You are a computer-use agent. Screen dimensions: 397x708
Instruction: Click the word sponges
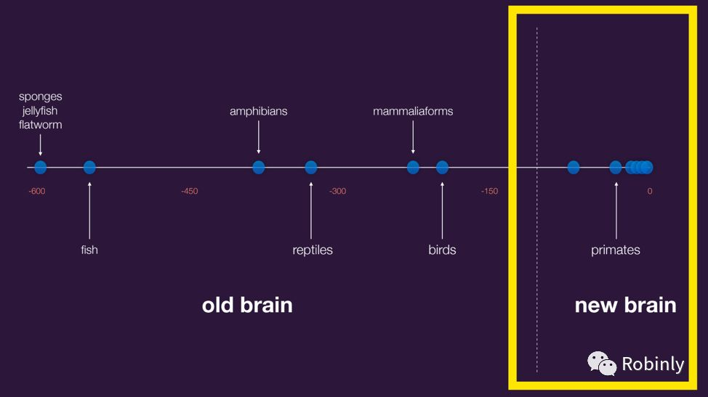(41, 97)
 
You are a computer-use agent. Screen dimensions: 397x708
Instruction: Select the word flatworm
(41, 124)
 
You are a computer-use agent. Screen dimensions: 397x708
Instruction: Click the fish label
(89, 250)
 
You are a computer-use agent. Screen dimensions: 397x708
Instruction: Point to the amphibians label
(258, 111)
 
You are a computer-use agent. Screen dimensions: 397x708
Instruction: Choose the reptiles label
(313, 250)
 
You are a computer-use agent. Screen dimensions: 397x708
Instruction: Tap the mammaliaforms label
(413, 111)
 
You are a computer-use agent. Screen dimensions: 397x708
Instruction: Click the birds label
(442, 250)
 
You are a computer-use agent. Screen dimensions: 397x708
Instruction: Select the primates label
(616, 250)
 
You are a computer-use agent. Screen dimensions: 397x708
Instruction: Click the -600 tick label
(36, 192)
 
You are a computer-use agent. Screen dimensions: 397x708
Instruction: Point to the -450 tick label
(189, 192)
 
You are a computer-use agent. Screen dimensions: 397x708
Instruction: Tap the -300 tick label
(337, 192)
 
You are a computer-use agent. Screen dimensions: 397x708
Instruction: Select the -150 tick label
(489, 192)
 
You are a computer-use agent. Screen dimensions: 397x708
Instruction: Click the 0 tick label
(650, 192)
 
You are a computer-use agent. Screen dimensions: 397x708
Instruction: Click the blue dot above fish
(89, 168)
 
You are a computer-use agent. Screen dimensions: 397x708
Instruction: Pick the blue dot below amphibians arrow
(258, 168)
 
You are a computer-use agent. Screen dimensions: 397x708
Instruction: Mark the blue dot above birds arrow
(442, 168)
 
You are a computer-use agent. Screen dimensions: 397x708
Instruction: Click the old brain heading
(247, 305)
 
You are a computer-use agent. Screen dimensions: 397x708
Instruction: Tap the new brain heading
(625, 305)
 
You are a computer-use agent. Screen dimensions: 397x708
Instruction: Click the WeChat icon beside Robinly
(601, 363)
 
